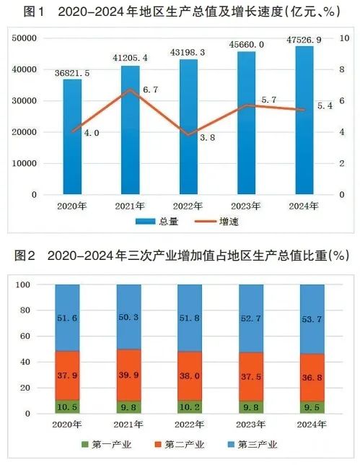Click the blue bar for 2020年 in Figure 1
[71, 136]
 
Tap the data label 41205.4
[130, 56]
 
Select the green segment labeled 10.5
[67, 407]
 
